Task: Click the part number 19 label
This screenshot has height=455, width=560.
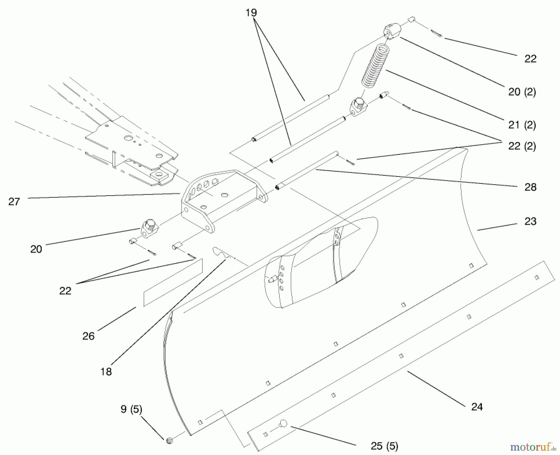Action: tap(251, 13)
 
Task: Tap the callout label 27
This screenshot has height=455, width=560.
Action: tap(14, 202)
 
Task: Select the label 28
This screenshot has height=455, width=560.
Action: tap(530, 187)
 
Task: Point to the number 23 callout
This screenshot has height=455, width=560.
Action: tap(530, 221)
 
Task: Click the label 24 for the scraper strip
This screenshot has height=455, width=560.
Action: tap(477, 407)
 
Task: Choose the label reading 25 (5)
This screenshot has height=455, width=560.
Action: tap(384, 446)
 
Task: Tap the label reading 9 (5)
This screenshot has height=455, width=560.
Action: tap(131, 409)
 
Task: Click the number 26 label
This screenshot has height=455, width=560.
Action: tap(88, 336)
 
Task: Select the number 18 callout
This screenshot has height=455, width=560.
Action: tap(106, 372)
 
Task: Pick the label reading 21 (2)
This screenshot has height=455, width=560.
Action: tap(522, 125)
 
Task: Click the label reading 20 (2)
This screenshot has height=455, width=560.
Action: tap(522, 92)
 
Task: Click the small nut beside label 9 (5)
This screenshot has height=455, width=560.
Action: tap(170, 440)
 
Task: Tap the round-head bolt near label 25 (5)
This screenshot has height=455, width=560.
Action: tap(283, 423)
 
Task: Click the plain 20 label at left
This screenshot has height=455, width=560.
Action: tap(36, 249)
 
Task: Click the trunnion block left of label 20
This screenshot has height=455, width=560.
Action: tap(150, 229)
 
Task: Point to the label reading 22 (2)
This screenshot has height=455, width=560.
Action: tap(522, 146)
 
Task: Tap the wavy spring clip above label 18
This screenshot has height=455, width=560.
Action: tap(222, 252)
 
